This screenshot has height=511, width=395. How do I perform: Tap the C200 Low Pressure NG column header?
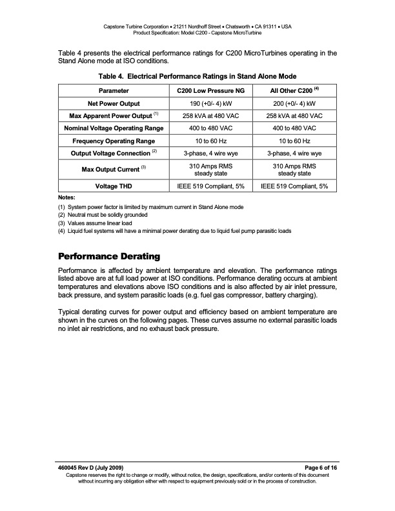(205, 91)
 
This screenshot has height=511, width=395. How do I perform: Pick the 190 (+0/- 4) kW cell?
(205, 103)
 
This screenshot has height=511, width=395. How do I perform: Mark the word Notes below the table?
(67, 197)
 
